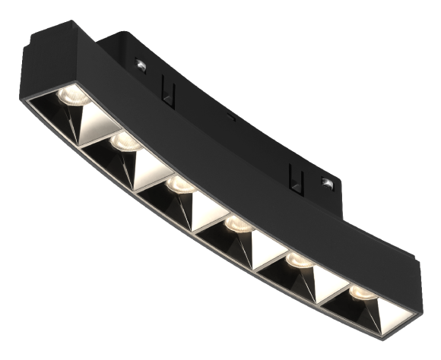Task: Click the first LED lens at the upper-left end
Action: tap(72, 95)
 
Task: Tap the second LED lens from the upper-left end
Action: tap(123, 141)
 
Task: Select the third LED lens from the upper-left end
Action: tap(180, 184)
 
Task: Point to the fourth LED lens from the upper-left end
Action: tap(237, 224)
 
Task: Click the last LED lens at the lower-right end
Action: tap(361, 293)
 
